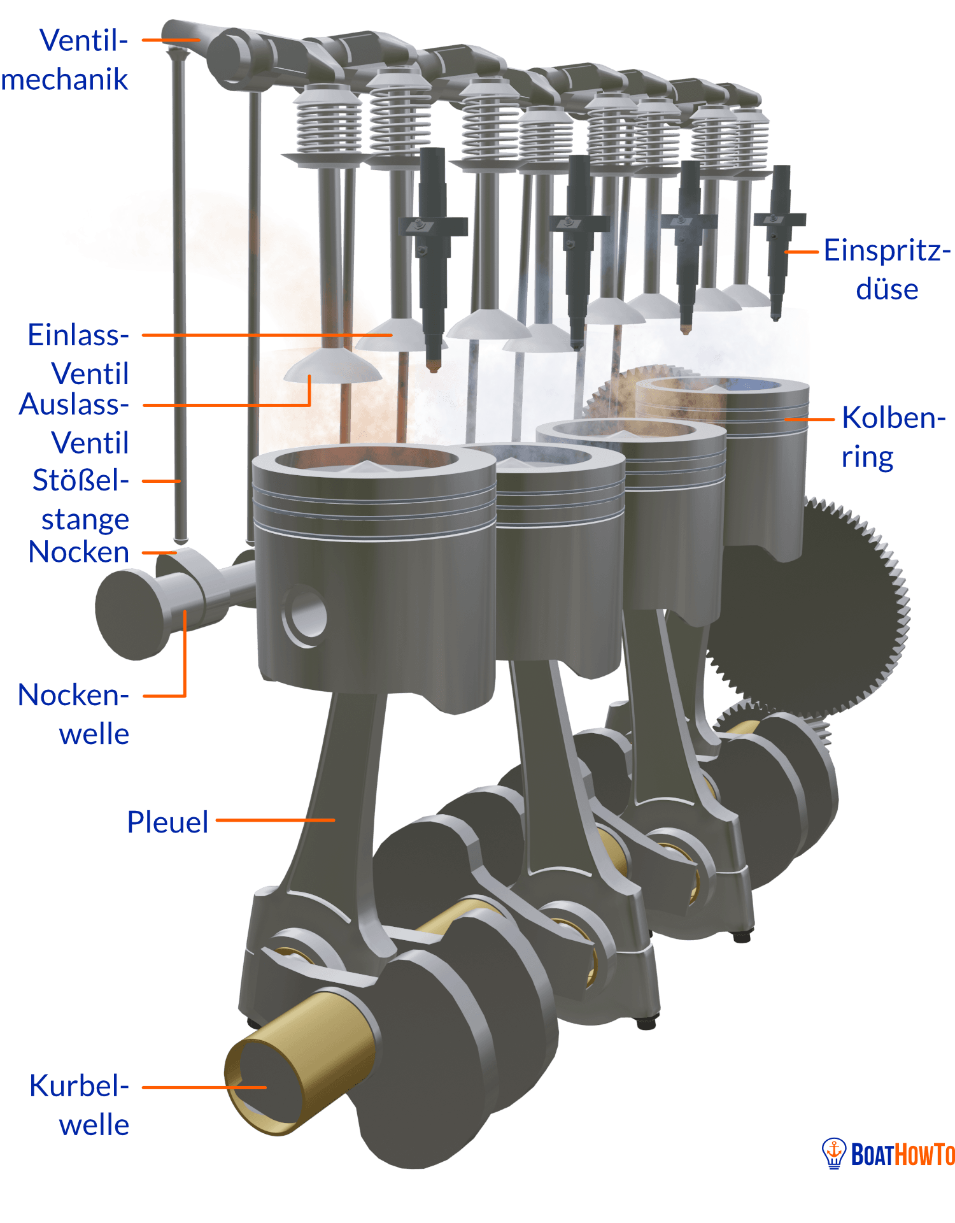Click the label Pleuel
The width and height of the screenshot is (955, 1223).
pyautogui.click(x=167, y=822)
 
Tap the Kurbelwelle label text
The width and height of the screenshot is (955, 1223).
pyautogui.click(x=80, y=1105)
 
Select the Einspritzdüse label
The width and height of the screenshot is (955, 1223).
pyautogui.click(x=887, y=269)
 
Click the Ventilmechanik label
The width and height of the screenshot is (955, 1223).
pyautogui.click(x=65, y=60)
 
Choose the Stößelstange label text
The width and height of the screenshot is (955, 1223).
pyautogui.click(x=81, y=500)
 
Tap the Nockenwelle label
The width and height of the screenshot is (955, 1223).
pyautogui.click(x=74, y=714)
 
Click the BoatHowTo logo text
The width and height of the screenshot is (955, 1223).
pyautogui.click(x=903, y=1154)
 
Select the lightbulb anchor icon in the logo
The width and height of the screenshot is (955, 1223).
pyautogui.click(x=834, y=1153)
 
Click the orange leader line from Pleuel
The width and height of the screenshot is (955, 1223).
pyautogui.click(x=276, y=820)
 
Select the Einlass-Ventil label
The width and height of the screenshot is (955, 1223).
pyautogui.click(x=78, y=354)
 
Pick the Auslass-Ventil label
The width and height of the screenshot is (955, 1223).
pyautogui.click(x=74, y=424)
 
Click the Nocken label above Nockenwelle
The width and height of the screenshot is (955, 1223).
pyautogui.click(x=79, y=552)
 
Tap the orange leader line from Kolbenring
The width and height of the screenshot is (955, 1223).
pyautogui.click(x=809, y=419)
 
